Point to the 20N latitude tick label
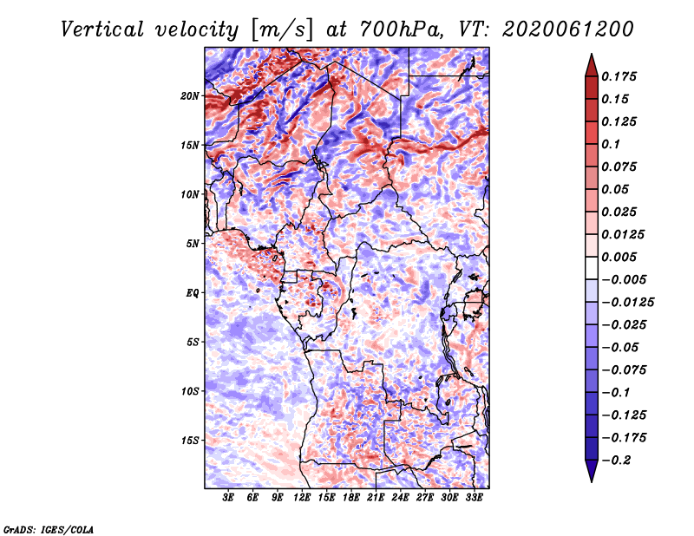click(190, 95)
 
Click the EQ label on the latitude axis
click(193, 293)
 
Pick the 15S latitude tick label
click(190, 441)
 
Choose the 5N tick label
click(193, 244)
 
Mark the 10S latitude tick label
click(190, 391)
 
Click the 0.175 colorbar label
click(621, 76)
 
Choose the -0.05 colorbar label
click(621, 347)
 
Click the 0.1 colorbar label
click(614, 144)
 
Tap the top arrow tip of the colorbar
click(590, 56)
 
